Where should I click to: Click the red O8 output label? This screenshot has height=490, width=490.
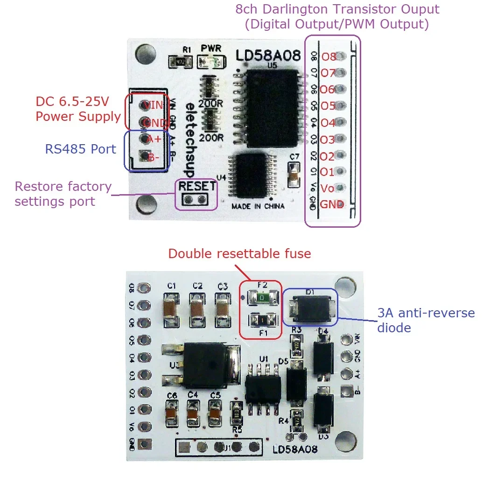pyautogui.click(x=329, y=57)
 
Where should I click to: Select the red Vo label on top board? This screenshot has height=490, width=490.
pyautogui.click(x=328, y=189)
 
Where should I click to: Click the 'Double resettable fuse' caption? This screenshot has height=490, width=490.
pyautogui.click(x=239, y=254)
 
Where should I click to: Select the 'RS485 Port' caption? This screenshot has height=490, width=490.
pyautogui.click(x=80, y=149)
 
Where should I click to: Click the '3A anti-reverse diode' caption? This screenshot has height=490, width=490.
pyautogui.click(x=426, y=320)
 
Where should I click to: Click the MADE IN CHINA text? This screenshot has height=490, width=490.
pyautogui.click(x=258, y=206)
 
